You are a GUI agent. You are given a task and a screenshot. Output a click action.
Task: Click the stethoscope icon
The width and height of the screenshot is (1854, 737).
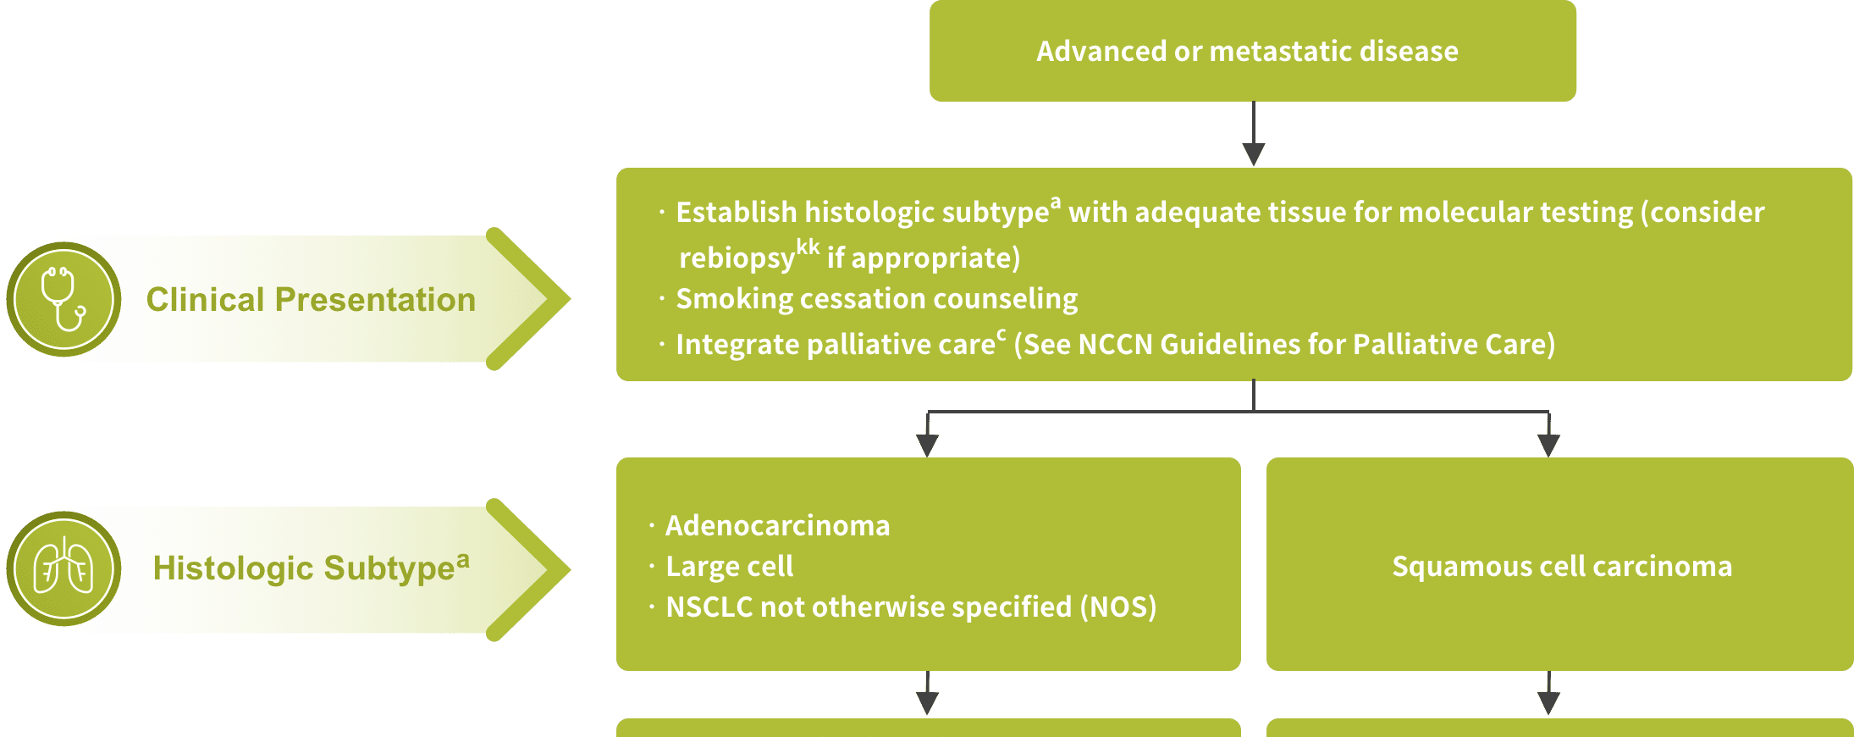click(63, 299)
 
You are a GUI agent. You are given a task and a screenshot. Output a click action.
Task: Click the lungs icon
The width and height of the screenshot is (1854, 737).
click(63, 568)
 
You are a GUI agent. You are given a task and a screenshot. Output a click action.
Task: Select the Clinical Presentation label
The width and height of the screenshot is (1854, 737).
click(311, 300)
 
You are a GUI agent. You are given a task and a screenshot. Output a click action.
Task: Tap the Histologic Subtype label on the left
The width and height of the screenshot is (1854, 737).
click(311, 567)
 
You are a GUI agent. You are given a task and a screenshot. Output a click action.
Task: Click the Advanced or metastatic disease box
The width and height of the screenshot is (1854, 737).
click(1252, 51)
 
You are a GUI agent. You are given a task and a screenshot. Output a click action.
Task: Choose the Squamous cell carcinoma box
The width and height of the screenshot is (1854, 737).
click(1559, 564)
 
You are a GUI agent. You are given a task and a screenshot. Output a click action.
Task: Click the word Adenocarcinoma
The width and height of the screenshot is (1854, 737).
click(778, 526)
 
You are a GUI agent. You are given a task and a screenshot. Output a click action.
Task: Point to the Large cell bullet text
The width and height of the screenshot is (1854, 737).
click(730, 566)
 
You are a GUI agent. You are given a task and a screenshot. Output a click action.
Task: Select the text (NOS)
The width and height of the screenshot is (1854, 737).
click(1118, 607)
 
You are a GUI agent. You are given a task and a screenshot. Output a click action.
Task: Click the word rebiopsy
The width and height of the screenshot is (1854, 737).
click(737, 258)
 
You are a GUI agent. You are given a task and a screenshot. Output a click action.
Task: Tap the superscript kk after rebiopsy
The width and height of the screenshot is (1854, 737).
click(808, 247)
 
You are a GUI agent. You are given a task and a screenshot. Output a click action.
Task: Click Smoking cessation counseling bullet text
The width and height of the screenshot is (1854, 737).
click(877, 299)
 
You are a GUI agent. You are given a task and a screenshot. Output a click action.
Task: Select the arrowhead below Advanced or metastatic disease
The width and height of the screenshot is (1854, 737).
click(1254, 154)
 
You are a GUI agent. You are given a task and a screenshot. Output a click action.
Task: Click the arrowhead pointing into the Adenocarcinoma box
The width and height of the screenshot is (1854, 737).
click(928, 446)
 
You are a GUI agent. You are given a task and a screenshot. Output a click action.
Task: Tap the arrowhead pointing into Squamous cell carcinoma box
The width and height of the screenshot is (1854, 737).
click(1548, 446)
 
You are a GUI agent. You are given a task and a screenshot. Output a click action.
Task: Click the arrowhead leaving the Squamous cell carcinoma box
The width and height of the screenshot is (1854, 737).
click(1548, 703)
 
